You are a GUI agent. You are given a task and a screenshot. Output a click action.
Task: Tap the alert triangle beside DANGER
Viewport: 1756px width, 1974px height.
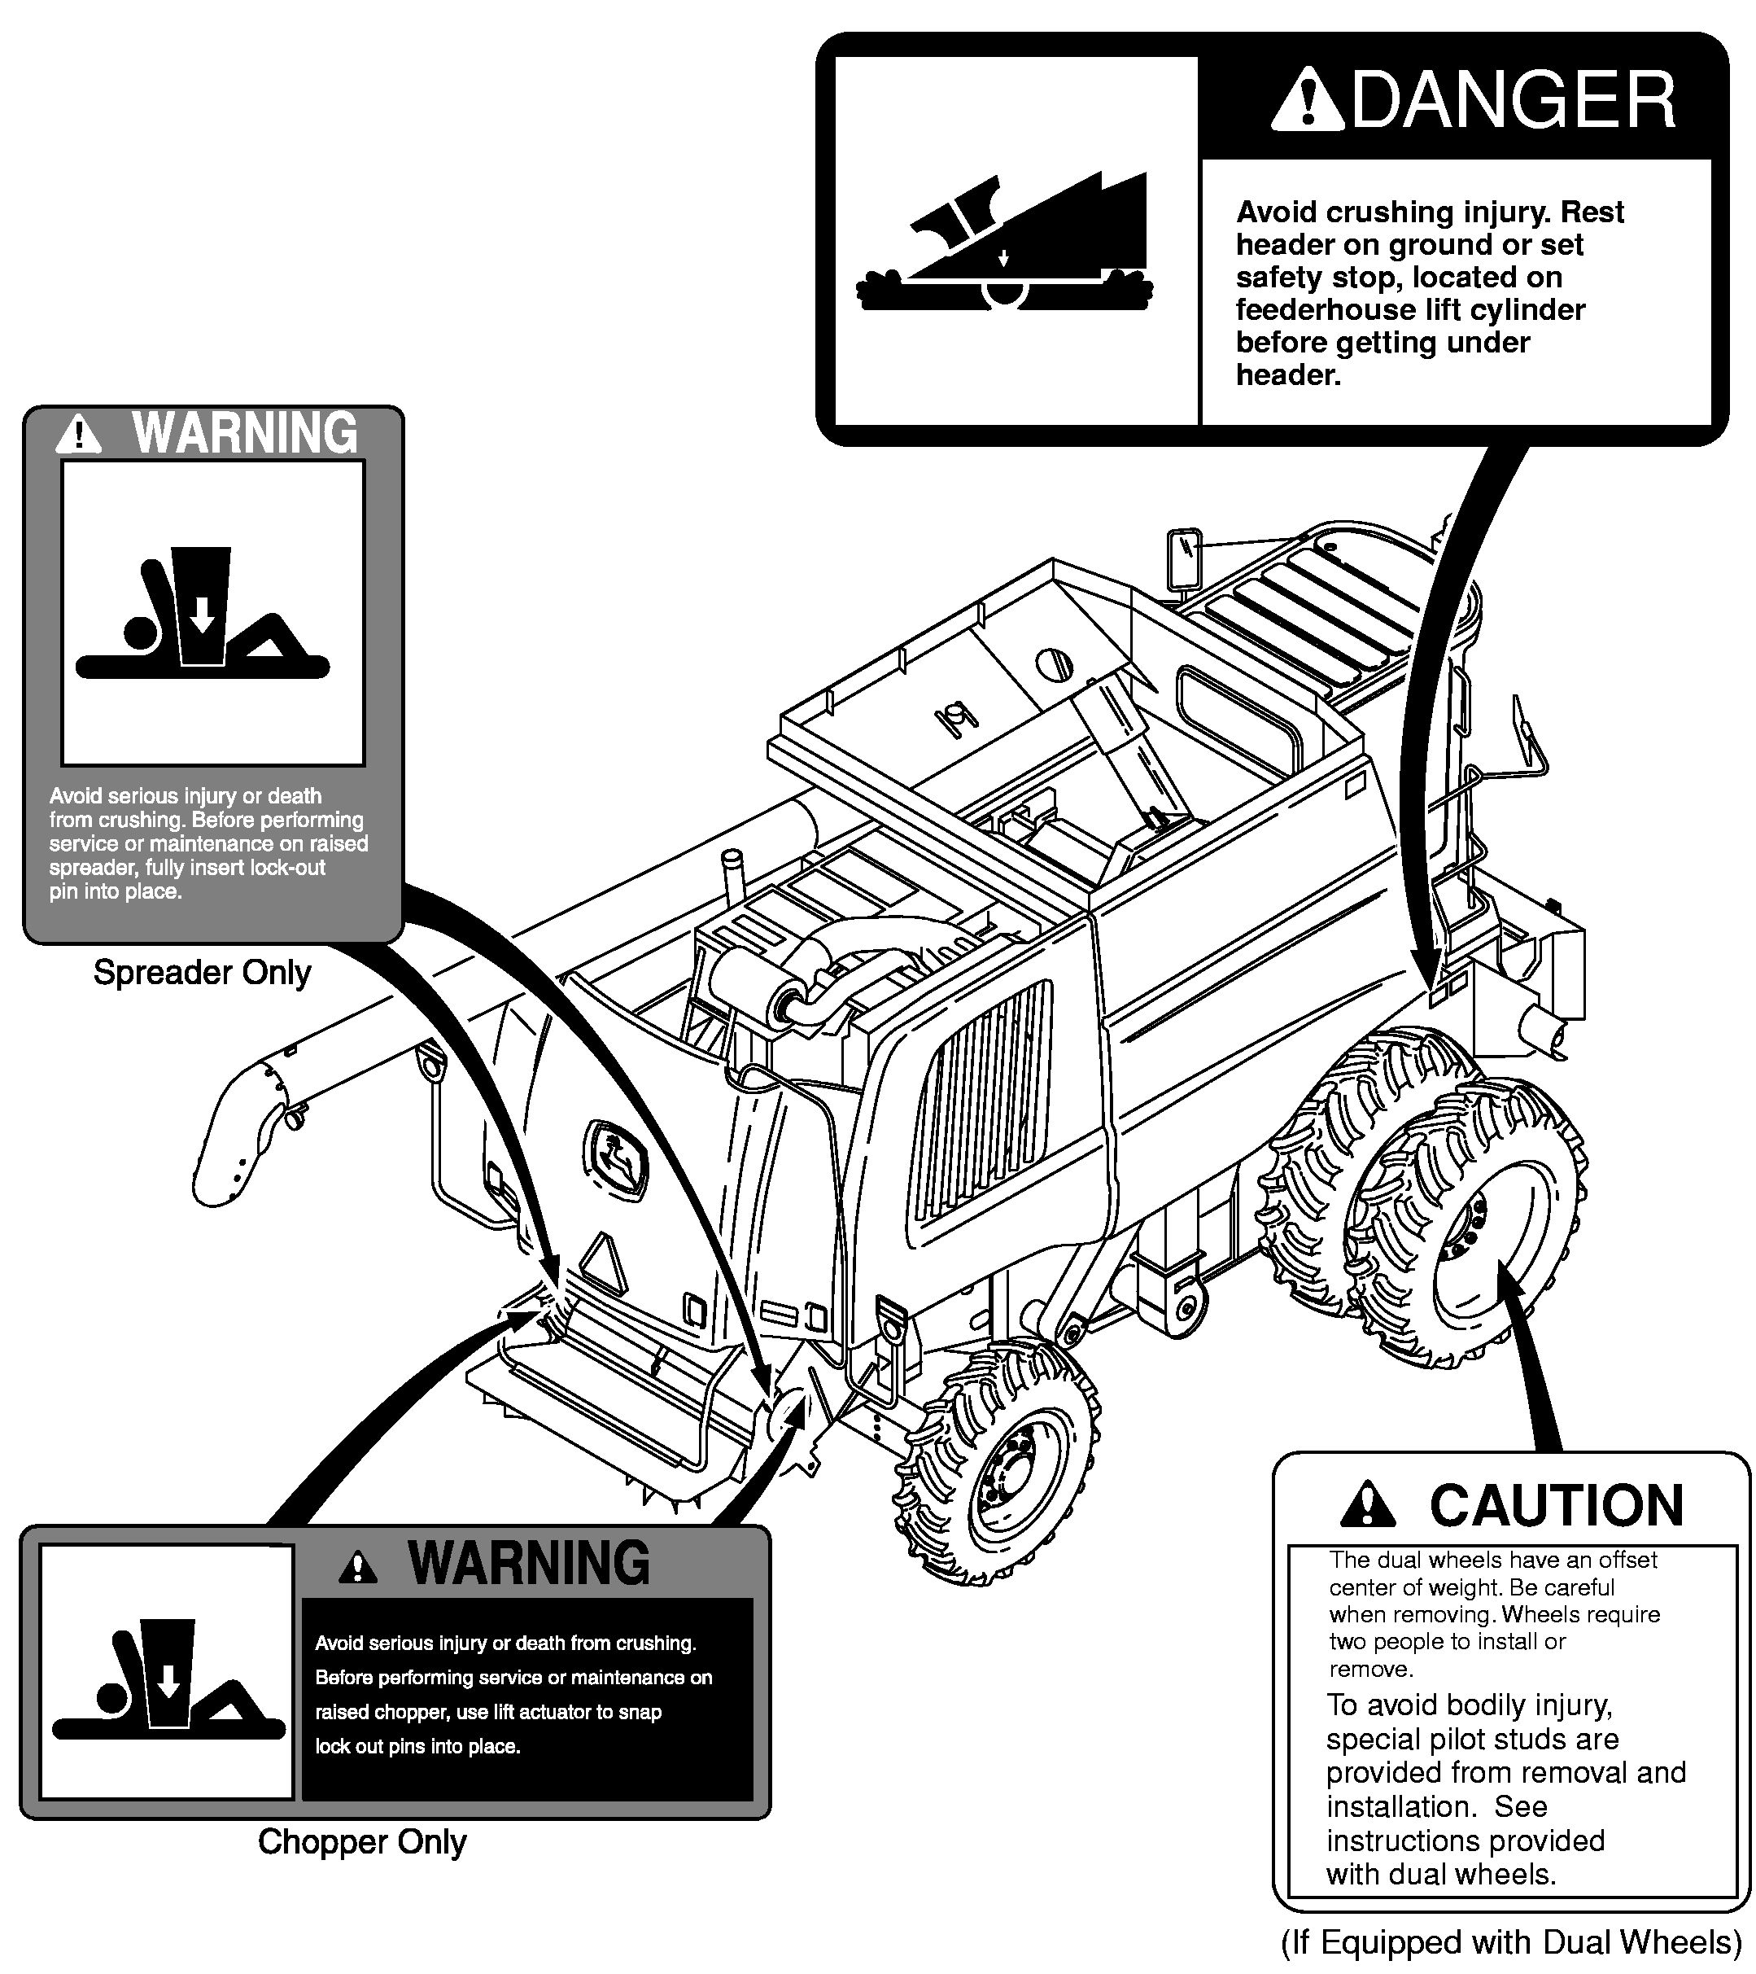coord(1306,100)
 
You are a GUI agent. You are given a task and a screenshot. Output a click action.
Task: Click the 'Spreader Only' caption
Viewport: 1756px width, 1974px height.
coord(202,973)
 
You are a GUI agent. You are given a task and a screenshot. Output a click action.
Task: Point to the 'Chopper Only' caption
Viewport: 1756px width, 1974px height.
coord(362,1841)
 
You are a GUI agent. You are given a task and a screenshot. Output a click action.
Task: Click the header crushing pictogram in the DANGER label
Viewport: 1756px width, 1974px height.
coord(1004,243)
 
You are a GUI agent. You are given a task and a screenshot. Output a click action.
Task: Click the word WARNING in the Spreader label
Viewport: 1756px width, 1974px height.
coord(244,434)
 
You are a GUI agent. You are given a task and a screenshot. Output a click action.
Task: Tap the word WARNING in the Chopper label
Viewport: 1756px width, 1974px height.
coord(529,1564)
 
